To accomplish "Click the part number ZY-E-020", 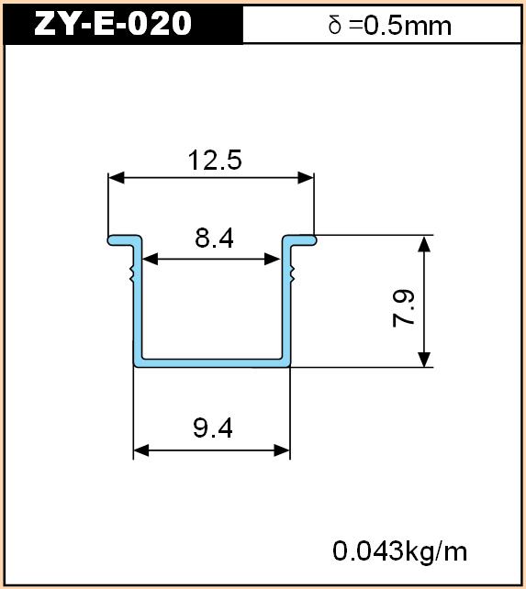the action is point(113,23).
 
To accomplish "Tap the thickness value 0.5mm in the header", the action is point(408,26).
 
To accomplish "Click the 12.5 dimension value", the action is point(215,160).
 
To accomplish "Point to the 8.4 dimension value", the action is point(214,238).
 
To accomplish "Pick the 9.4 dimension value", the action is point(213,428).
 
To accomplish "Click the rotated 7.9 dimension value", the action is point(403,309).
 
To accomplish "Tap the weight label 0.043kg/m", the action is point(399,551).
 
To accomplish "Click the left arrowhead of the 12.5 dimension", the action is point(117,178).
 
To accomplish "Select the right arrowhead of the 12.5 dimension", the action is point(306,178).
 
